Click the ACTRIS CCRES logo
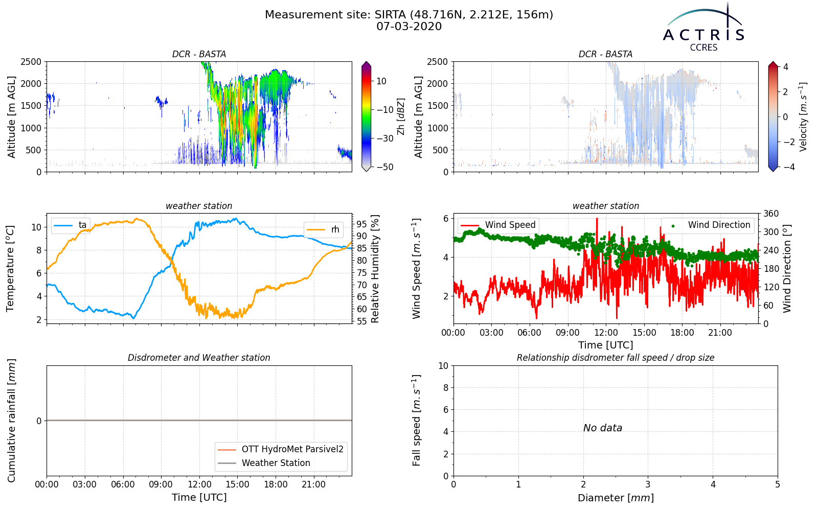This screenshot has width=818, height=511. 703,28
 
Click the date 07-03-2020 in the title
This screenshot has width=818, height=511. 409,27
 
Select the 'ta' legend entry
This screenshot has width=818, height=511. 70,225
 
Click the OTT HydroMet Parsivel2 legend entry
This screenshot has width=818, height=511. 281,449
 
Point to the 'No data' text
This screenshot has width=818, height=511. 603,428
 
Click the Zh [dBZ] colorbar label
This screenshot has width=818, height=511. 401,117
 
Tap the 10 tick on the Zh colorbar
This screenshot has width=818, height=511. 381,81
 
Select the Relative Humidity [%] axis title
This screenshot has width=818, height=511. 375,269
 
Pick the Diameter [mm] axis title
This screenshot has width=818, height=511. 616,498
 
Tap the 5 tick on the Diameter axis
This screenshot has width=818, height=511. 778,484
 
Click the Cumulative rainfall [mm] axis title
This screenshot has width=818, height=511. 11,421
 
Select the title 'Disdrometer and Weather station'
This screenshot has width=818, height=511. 199,358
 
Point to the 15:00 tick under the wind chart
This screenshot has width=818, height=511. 644,333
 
